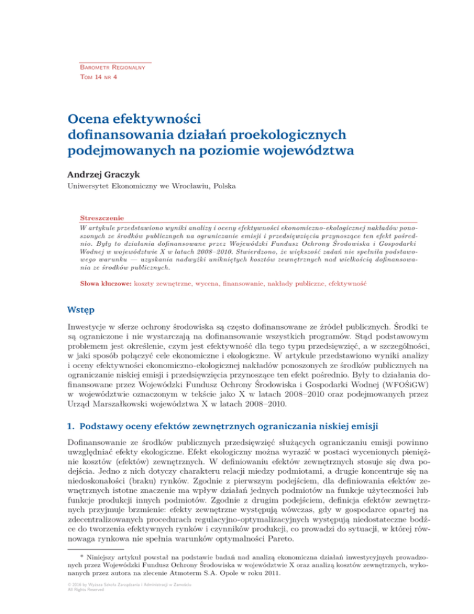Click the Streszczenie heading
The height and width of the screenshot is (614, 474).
coord(102,218)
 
